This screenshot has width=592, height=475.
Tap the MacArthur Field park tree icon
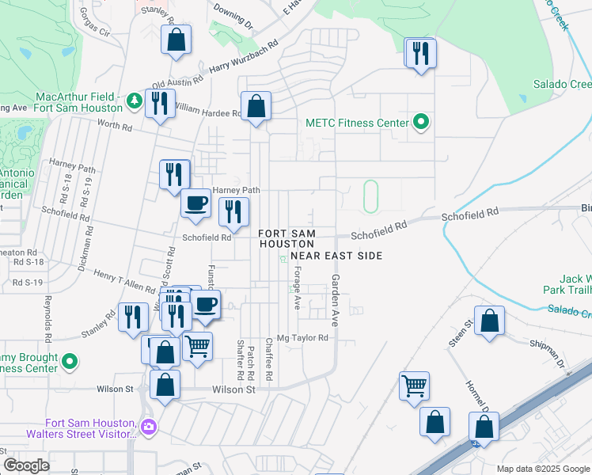pyautogui.click(x=135, y=100)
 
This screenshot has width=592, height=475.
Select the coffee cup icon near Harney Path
pyautogui.click(x=196, y=203)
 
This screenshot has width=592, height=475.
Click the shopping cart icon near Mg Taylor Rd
pyautogui.click(x=197, y=345)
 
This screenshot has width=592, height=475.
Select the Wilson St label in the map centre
pyautogui.click(x=234, y=389)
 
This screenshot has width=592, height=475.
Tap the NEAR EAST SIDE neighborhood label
pyautogui.click(x=336, y=256)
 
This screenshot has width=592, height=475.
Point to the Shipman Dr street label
pyautogui.click(x=545, y=355)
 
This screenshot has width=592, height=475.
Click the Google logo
pyautogui.click(x=26, y=465)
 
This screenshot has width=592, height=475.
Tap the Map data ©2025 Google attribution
pyautogui.click(x=542, y=469)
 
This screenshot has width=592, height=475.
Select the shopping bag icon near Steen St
pyautogui.click(x=490, y=321)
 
